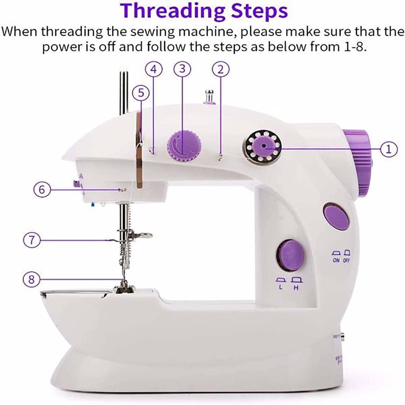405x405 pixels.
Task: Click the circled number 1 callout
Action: (389, 148)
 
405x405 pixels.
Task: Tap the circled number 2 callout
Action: (220, 70)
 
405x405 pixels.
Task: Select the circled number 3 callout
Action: (182, 69)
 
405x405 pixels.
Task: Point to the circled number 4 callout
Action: (154, 70)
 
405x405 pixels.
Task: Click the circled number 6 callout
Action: (42, 190)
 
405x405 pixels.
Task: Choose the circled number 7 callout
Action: (32, 240)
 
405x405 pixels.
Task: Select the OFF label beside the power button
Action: (346, 261)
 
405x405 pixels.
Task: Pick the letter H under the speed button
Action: (296, 288)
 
